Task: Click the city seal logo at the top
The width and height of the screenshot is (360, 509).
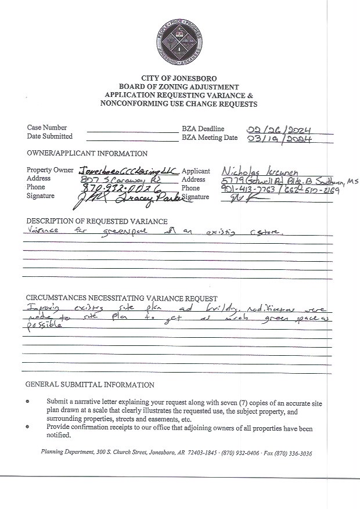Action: point(179,39)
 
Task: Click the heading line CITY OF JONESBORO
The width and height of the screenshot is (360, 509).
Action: point(179,78)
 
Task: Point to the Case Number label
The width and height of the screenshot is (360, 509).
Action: point(47,128)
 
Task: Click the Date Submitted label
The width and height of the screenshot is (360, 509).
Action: point(50,136)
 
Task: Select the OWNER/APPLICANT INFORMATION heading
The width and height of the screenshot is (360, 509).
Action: point(87,154)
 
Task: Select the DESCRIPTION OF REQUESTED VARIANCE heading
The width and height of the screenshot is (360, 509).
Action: point(97,222)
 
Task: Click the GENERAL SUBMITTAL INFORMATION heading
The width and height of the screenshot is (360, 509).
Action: point(90,385)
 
